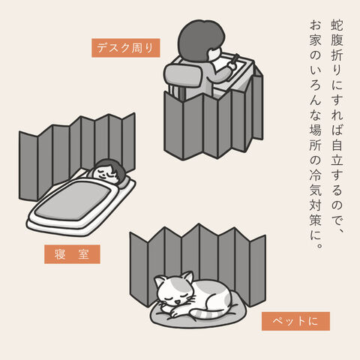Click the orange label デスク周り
click(125, 48)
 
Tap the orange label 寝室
click(72, 254)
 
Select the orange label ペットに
click(295, 321)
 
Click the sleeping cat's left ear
click(160, 282)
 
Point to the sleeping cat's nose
click(177, 302)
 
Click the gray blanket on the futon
click(73, 201)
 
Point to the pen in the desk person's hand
click(235, 59)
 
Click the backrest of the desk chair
click(184, 74)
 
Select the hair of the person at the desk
click(200, 39)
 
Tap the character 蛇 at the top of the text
click(337, 25)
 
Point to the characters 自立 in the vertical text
click(337, 151)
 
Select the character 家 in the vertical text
click(315, 40)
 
